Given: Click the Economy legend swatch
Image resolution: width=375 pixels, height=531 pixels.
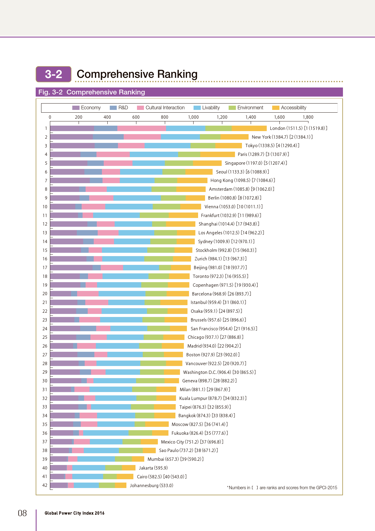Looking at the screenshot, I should pyautogui.click(x=76, y=108).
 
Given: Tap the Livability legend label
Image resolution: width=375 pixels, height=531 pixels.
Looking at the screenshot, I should pyautogui.click(x=211, y=108).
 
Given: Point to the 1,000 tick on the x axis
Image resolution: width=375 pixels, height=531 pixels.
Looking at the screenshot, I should pyautogui.click(x=193, y=117).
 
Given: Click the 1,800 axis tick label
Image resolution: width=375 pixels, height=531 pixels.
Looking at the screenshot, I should pyautogui.click(x=308, y=117).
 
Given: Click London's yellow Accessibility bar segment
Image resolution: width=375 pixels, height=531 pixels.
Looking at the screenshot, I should pyautogui.click(x=249, y=128).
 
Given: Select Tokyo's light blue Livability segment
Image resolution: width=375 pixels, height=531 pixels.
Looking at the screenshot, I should pyautogui.click(x=167, y=146).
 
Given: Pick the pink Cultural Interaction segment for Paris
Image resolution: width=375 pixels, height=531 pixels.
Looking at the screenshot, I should pyautogui.click(x=113, y=154).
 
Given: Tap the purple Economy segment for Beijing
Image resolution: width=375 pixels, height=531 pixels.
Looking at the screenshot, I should pyautogui.click(x=71, y=268).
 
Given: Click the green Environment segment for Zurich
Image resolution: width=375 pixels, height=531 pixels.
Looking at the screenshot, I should pyautogui.click(x=158, y=259).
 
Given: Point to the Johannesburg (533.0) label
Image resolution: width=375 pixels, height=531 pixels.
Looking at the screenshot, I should pyautogui.click(x=151, y=486).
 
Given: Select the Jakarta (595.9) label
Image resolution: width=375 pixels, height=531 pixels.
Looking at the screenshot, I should pyautogui.click(x=153, y=468).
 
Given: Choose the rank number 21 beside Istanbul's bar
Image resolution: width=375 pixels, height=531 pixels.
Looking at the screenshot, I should pyautogui.click(x=45, y=302).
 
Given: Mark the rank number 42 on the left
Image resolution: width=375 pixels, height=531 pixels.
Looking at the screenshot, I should pyautogui.click(x=45, y=485).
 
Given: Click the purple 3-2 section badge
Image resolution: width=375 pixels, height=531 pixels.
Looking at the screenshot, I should pyautogui.click(x=54, y=74).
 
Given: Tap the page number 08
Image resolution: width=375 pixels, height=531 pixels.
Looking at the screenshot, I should pyautogui.click(x=22, y=513).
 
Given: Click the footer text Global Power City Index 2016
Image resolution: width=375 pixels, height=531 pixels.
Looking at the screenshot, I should pyautogui.click(x=74, y=513).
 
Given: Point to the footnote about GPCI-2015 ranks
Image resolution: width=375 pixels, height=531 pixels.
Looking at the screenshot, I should pyautogui.click(x=282, y=488).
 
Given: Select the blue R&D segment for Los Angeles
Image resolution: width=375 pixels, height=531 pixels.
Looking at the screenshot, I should pyautogui.click(x=87, y=233).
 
